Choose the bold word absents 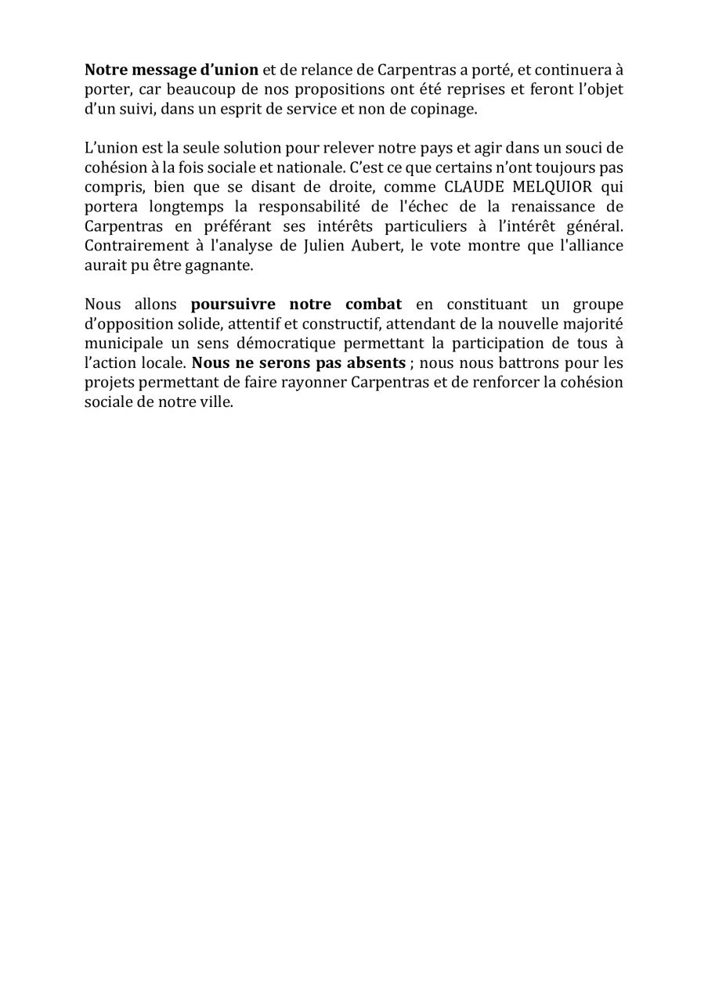tap(377, 363)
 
